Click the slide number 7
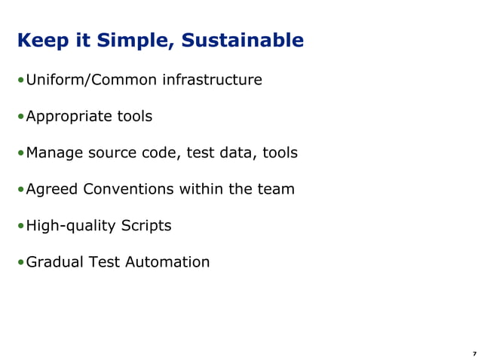coord(474,353)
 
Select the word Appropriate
coord(69,117)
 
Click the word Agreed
coord(51,189)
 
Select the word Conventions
coord(128,189)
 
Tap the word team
coord(275,189)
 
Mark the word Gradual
coord(54,262)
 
